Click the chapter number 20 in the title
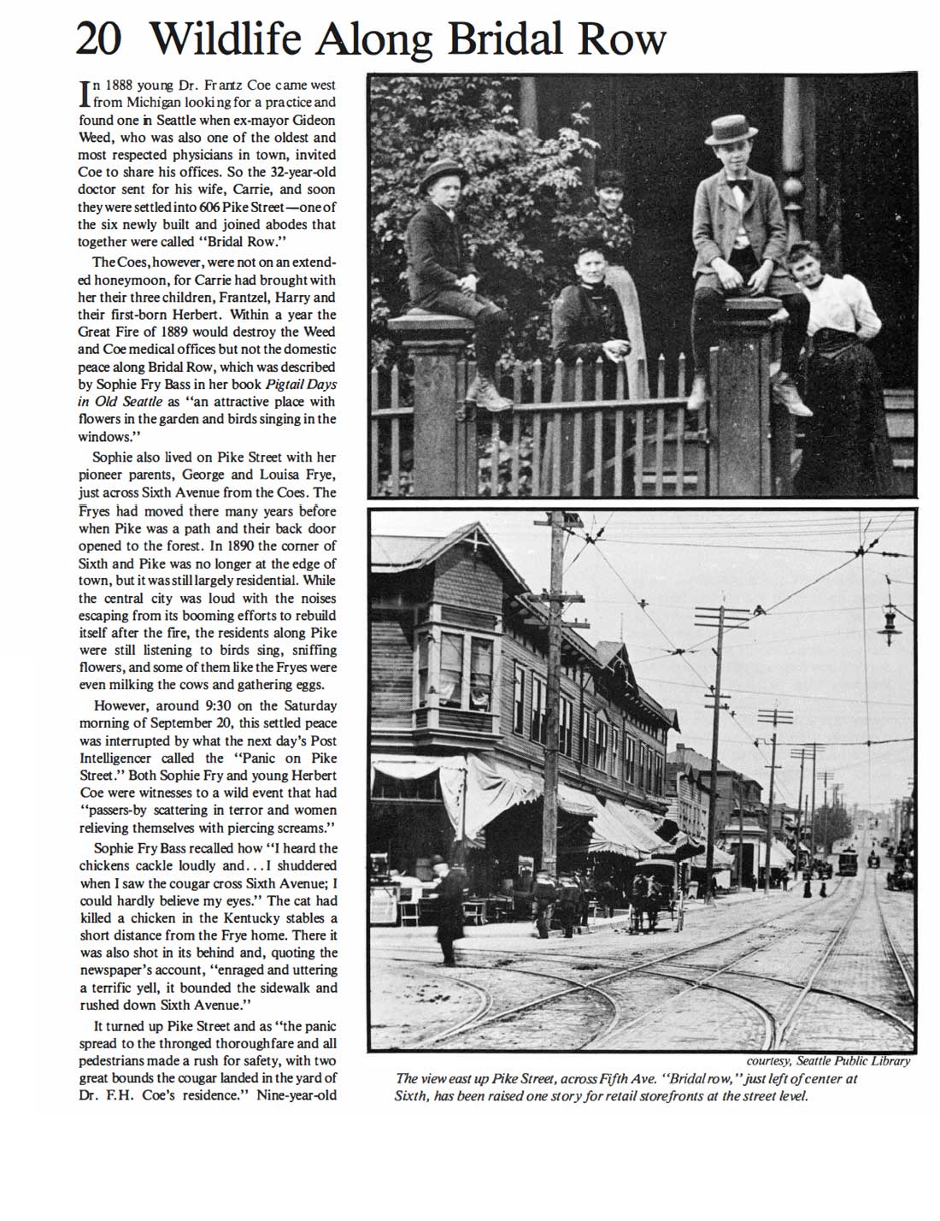(x=99, y=38)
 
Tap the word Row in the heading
(x=622, y=38)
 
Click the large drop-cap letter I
(x=84, y=93)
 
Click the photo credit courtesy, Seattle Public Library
(x=828, y=1061)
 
